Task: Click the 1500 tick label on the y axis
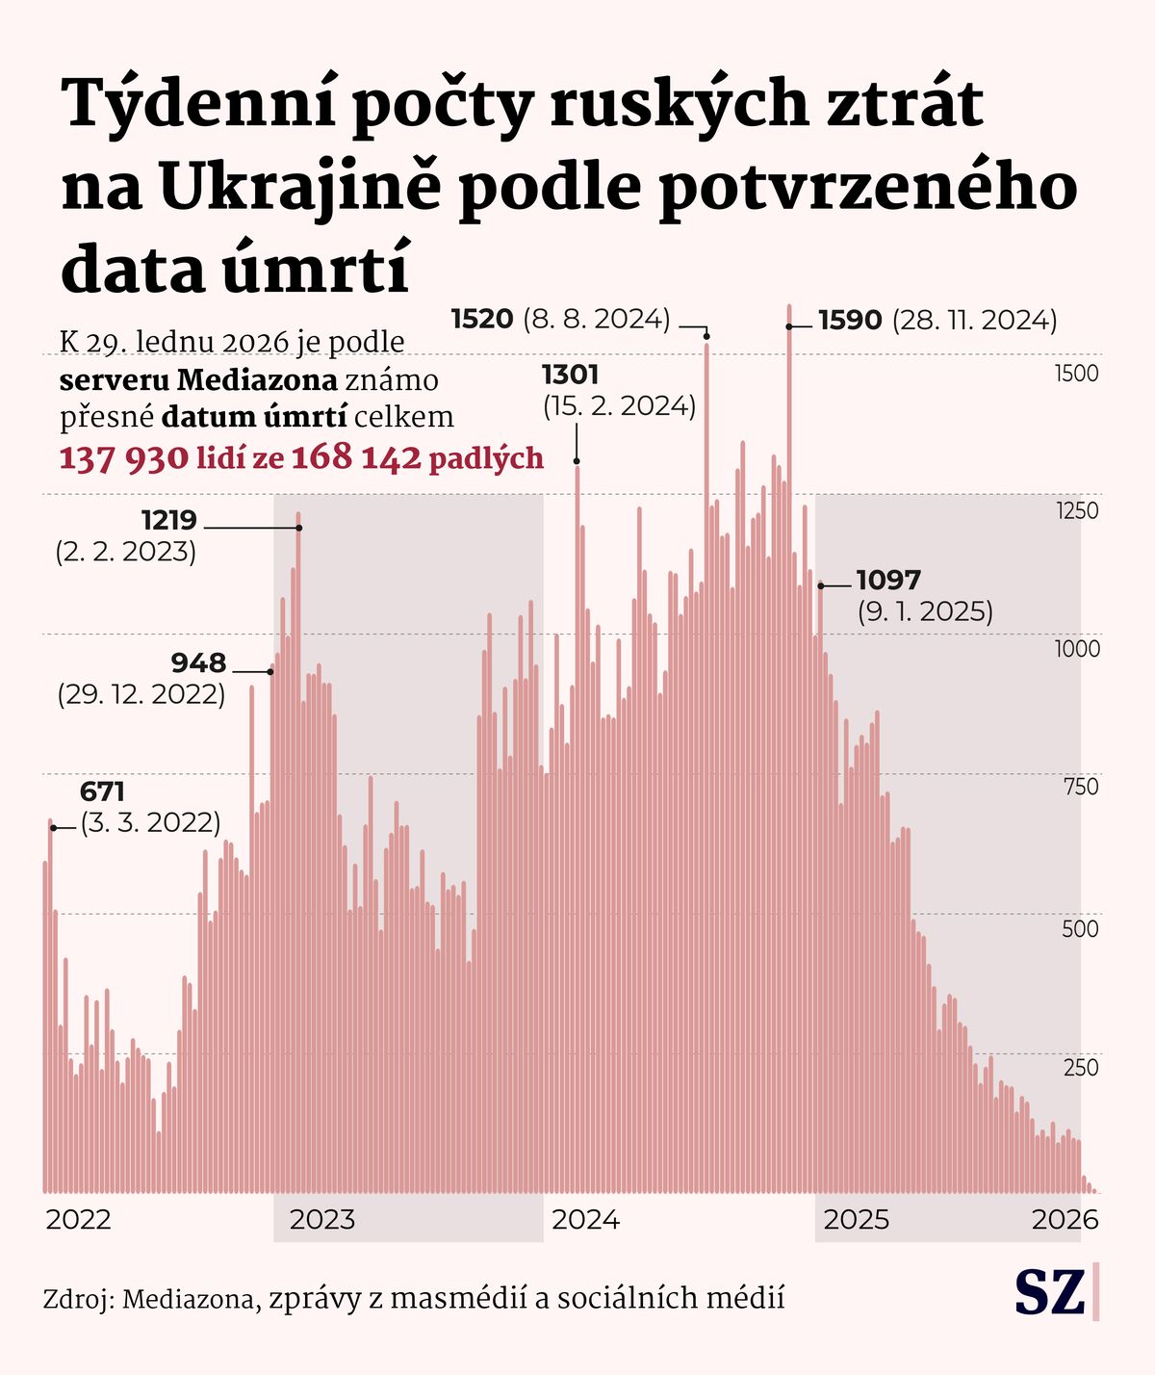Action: [x=1076, y=374]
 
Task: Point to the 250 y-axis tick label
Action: [x=1081, y=1067]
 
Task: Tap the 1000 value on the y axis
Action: [x=1076, y=649]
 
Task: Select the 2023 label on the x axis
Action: [x=322, y=1220]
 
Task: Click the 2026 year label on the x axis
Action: [x=1065, y=1220]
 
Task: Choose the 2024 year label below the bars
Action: [x=585, y=1220]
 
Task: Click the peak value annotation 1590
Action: [x=850, y=321]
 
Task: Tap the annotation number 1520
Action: [x=481, y=319]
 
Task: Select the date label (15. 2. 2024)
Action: [x=619, y=406]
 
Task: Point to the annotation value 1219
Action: [x=168, y=521]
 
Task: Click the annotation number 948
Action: [x=198, y=663]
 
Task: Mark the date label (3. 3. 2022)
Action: [x=150, y=823]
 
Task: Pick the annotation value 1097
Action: [x=887, y=581]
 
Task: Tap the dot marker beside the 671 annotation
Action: [x=53, y=828]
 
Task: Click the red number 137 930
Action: [x=123, y=458]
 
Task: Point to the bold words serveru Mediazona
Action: [x=198, y=380]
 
